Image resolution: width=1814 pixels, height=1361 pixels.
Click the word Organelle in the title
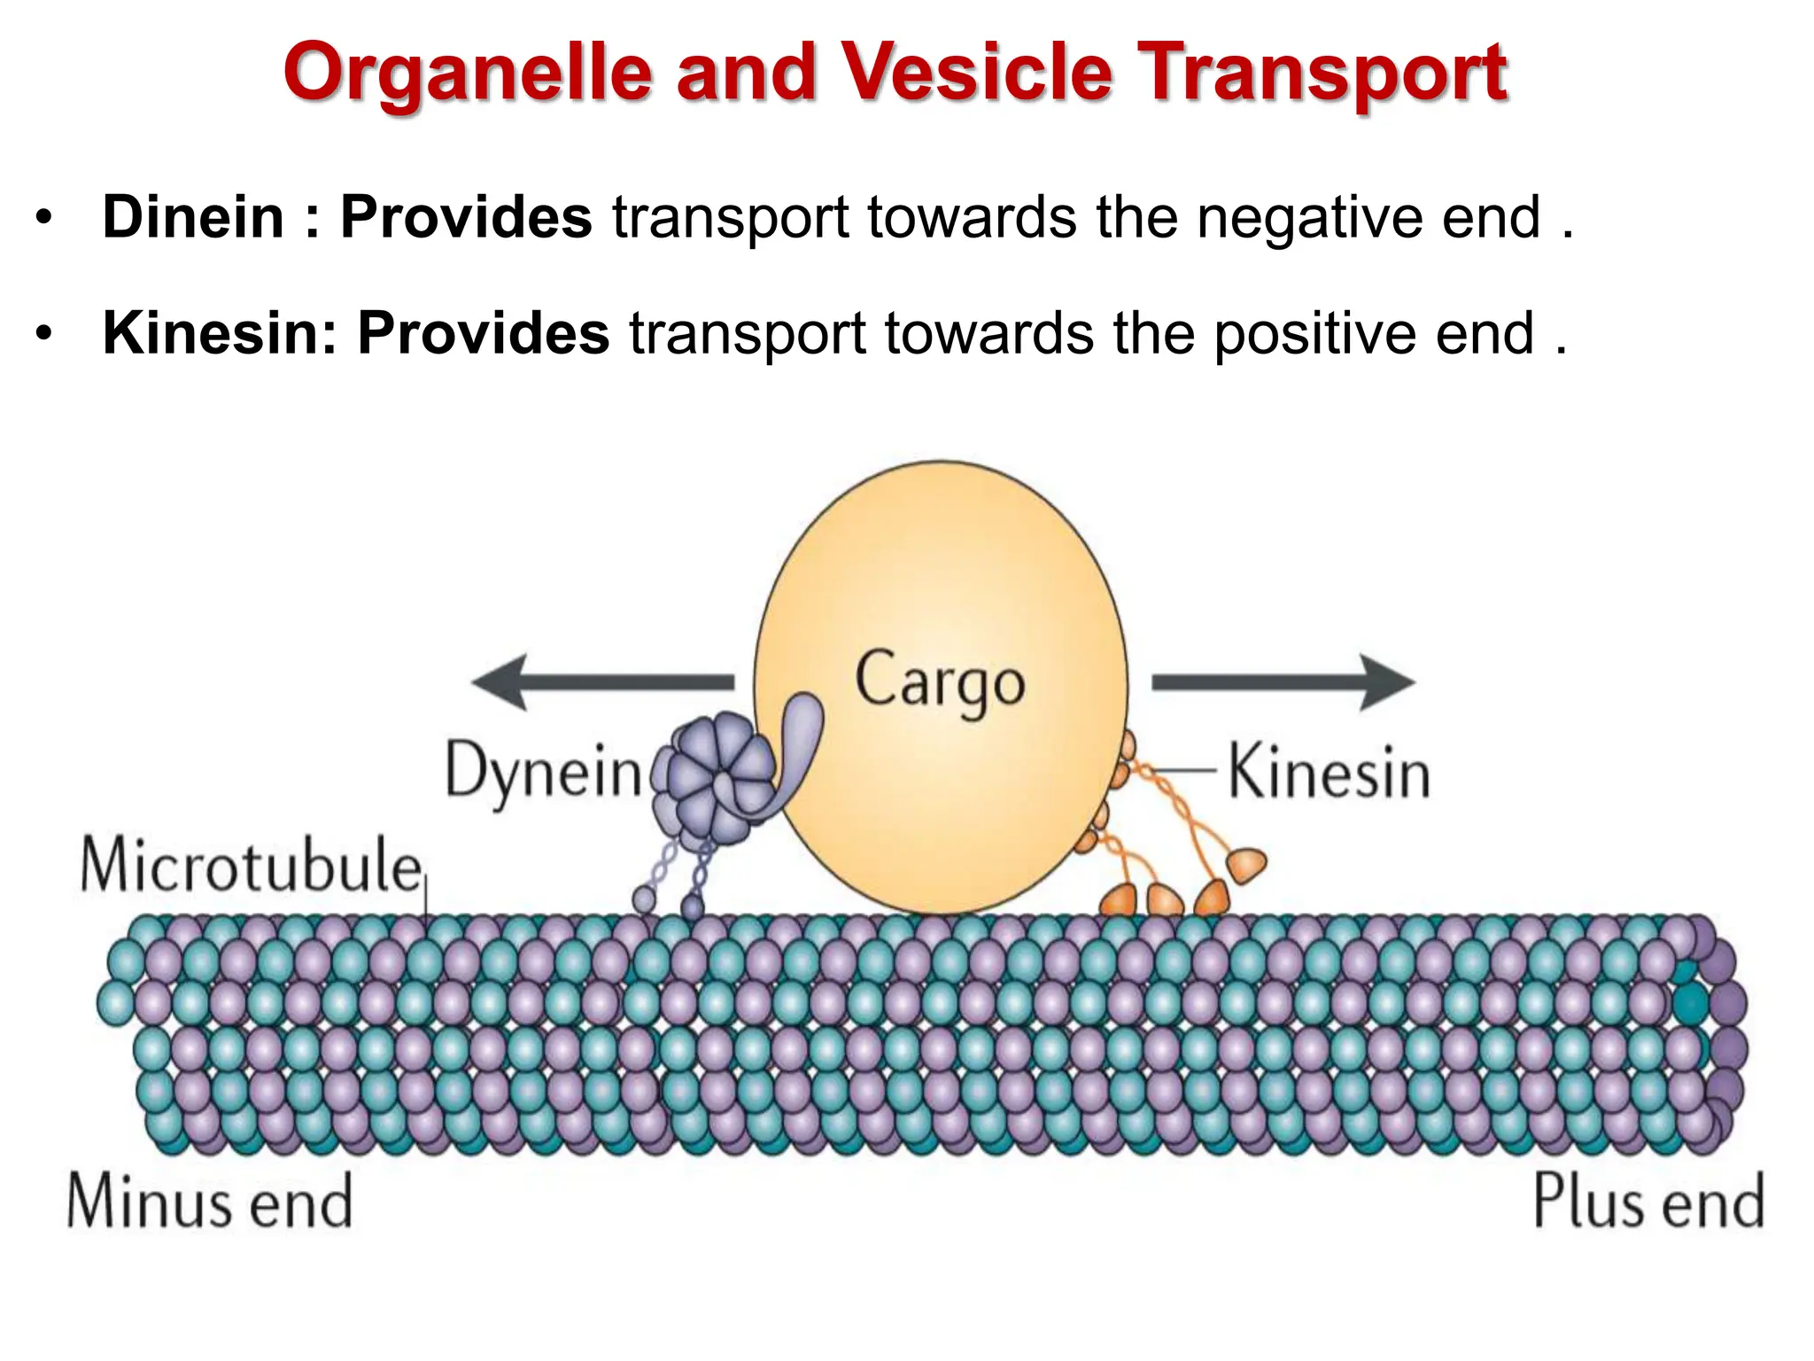tap(469, 73)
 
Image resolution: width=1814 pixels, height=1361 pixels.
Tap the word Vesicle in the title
tap(977, 73)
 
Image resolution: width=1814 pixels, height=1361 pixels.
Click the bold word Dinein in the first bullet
tap(192, 217)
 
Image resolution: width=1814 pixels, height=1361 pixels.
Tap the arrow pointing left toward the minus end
tap(602, 681)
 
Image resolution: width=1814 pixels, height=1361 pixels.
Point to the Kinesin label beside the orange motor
tap(1329, 773)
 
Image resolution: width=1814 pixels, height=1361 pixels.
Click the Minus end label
tap(210, 1202)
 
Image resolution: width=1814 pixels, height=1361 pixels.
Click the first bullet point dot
tap(44, 218)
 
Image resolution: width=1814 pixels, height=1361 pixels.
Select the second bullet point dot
tap(44, 334)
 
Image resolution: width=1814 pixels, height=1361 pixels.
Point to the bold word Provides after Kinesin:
tap(483, 333)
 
